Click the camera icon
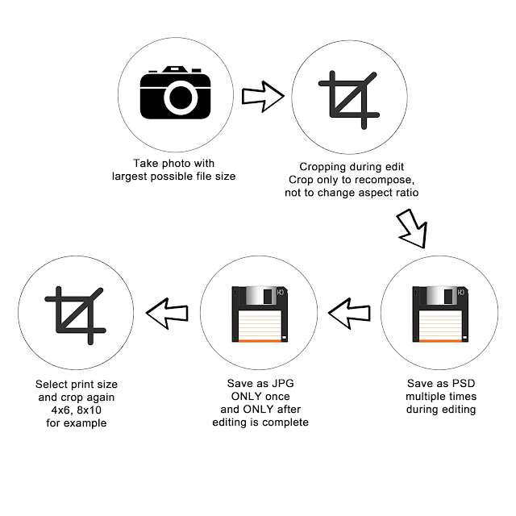(x=175, y=93)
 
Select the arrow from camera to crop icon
(x=263, y=97)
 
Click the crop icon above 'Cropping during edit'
(x=349, y=100)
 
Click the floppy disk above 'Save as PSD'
(x=440, y=314)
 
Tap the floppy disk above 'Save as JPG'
(x=260, y=314)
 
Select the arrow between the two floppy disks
(x=349, y=314)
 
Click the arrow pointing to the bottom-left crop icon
(x=167, y=314)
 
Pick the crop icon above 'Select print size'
(x=75, y=315)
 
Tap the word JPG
(x=283, y=384)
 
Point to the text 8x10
(x=89, y=410)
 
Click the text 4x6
(x=62, y=410)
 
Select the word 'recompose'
(x=385, y=181)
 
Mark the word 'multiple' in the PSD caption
(x=422, y=397)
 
